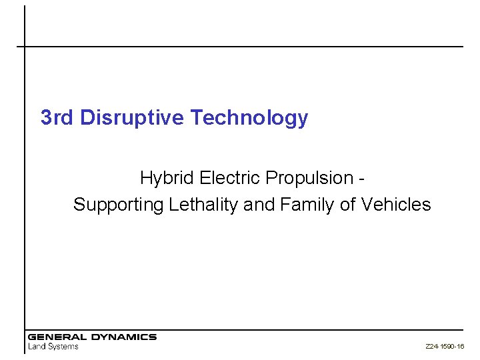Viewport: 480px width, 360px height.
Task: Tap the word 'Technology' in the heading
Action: (249, 119)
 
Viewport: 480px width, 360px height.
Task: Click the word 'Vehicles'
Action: (396, 205)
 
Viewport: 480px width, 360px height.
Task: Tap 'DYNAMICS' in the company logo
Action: (123, 337)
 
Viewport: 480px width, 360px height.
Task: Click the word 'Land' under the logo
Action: (37, 346)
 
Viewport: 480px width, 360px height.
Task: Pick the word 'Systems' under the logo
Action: (63, 347)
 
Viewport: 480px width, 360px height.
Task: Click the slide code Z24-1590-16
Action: (445, 347)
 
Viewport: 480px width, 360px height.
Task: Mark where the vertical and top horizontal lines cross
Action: (25, 47)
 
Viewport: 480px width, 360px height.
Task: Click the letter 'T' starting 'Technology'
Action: (195, 118)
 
